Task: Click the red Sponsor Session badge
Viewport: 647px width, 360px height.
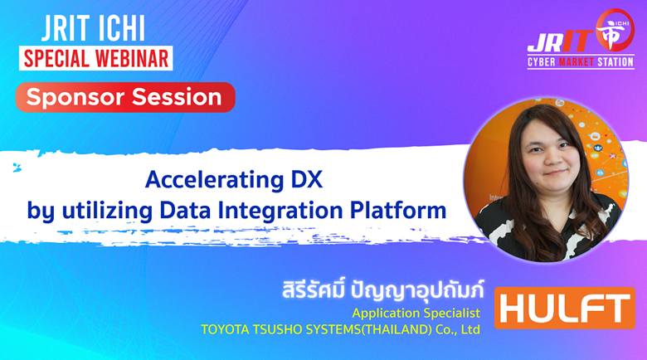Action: pyautogui.click(x=125, y=97)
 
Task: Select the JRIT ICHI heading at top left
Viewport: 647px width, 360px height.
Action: pyautogui.click(x=93, y=28)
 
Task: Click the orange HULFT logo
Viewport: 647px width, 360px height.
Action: pyautogui.click(x=565, y=308)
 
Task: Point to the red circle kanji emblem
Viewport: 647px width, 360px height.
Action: pyautogui.click(x=615, y=31)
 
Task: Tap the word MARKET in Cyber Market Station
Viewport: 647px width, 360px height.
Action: pyautogui.click(x=576, y=62)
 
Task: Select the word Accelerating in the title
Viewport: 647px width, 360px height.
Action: pyautogui.click(x=215, y=181)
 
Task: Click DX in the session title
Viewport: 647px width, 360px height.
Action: pyautogui.click(x=307, y=180)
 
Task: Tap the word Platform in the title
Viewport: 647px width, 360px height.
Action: pyautogui.click(x=398, y=210)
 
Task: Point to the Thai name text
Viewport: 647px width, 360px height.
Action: pyautogui.click(x=383, y=289)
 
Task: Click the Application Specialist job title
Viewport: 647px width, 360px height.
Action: pyautogui.click(x=416, y=314)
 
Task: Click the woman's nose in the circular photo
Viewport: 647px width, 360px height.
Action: pyautogui.click(x=552, y=159)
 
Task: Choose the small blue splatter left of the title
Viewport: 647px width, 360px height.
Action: pyautogui.click(x=17, y=168)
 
